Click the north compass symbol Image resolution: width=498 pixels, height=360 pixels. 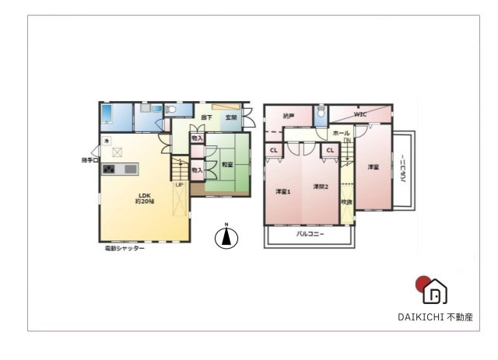[226, 237]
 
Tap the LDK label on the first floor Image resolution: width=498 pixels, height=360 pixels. [144, 196]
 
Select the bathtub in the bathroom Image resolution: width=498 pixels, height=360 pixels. [107, 114]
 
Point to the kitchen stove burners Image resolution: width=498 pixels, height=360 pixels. [109, 170]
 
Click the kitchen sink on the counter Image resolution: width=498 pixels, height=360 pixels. [129, 169]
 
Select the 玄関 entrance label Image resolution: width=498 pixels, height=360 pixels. [231, 118]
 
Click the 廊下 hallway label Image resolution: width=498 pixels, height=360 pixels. [206, 118]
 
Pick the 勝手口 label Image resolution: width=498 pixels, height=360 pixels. [90, 161]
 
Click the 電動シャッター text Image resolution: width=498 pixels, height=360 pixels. [125, 249]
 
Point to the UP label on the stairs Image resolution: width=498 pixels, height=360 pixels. [179, 184]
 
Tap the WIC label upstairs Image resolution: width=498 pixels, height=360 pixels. [360, 114]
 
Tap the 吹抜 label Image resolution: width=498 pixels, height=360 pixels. [346, 202]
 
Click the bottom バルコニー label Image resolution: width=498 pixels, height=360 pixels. [310, 233]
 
